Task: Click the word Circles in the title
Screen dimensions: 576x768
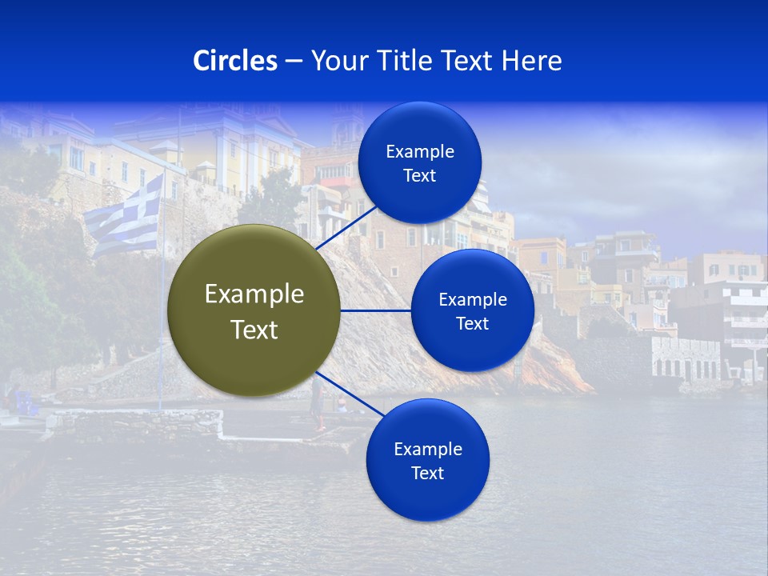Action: [x=235, y=61]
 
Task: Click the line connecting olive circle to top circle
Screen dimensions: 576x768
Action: [x=348, y=226]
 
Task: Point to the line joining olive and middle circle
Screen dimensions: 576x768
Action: [x=376, y=310]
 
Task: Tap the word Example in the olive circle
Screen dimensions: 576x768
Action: [x=254, y=294]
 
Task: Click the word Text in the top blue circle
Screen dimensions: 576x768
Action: [x=420, y=176]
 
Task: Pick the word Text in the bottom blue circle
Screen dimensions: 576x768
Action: [x=428, y=474]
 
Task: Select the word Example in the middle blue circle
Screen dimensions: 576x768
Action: [x=473, y=300]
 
